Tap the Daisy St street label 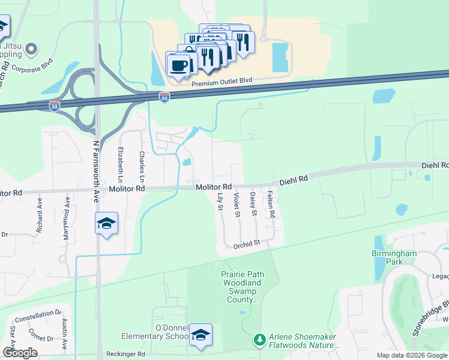click(253, 204)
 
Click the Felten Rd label click(271, 204)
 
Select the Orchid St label click(246, 243)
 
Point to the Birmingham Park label click(394, 257)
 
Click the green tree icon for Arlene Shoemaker click(259, 340)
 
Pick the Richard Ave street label click(40, 220)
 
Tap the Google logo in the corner click(20, 353)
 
